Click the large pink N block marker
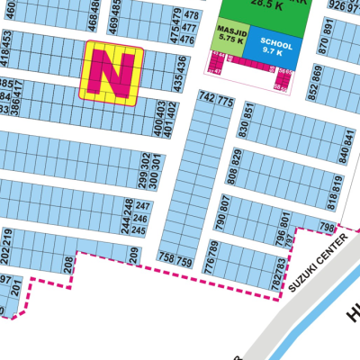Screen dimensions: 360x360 tap(112, 71)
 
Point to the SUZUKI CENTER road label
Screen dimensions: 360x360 tap(310, 265)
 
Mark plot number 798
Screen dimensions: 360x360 tap(328, 227)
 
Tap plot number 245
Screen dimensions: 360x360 tap(139, 230)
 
